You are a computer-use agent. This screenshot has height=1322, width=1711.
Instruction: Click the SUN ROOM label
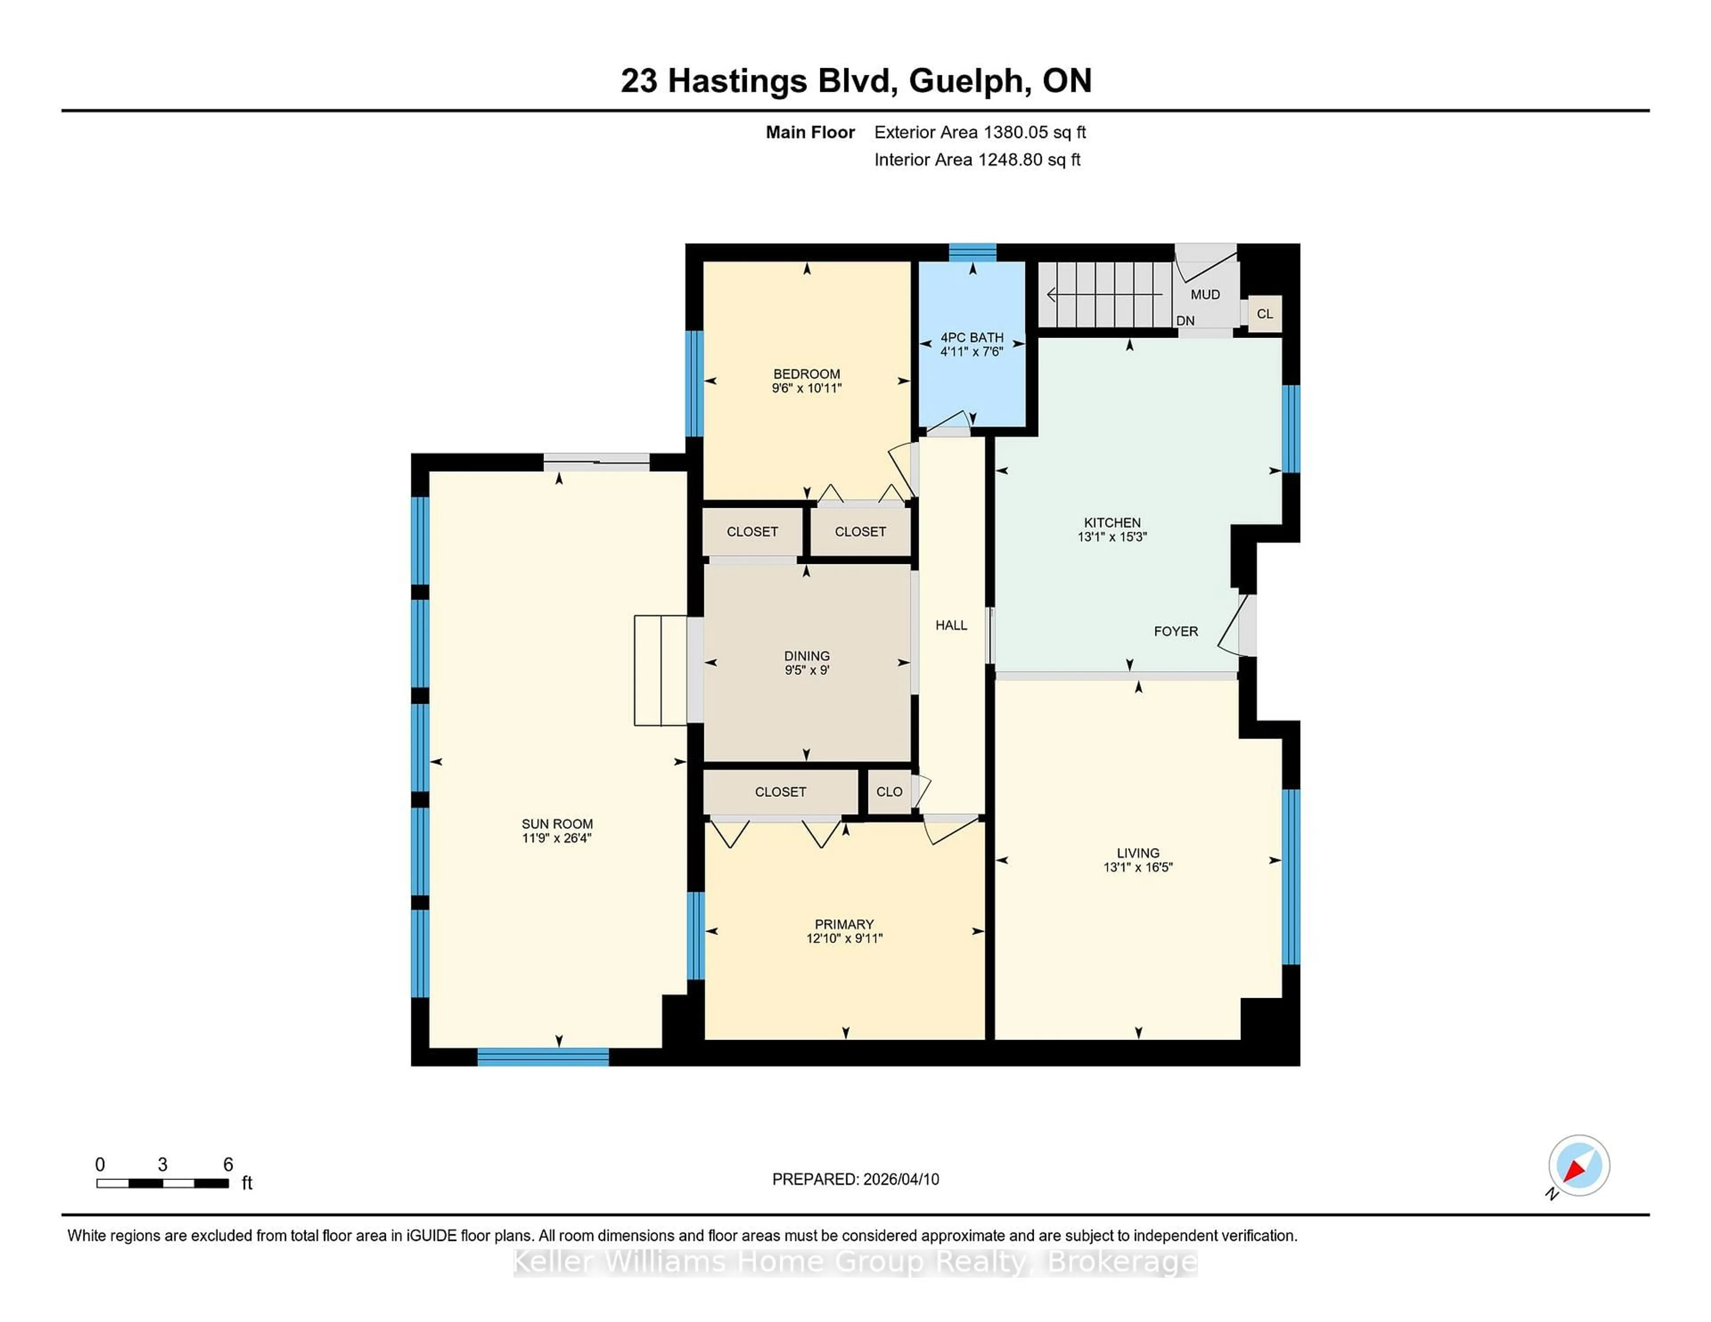point(557,824)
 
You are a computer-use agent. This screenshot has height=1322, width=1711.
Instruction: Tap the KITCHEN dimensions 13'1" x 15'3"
point(1112,537)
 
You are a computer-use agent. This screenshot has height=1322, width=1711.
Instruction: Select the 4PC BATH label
point(971,338)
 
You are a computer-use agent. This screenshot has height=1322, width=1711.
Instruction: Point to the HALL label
point(951,625)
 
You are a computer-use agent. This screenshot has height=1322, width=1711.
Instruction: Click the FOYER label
point(1175,631)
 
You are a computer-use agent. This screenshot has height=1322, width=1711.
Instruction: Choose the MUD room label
point(1205,294)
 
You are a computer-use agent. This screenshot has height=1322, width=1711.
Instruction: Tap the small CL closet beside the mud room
point(1265,314)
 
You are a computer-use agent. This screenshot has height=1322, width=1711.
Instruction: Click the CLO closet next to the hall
point(889,792)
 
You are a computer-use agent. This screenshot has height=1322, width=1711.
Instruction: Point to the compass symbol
point(1579,1165)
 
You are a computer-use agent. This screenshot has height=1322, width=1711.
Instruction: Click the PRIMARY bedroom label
point(844,924)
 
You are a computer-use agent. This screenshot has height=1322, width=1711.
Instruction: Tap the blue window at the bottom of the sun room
point(543,1057)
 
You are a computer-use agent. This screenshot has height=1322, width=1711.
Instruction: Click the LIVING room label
point(1138,853)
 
